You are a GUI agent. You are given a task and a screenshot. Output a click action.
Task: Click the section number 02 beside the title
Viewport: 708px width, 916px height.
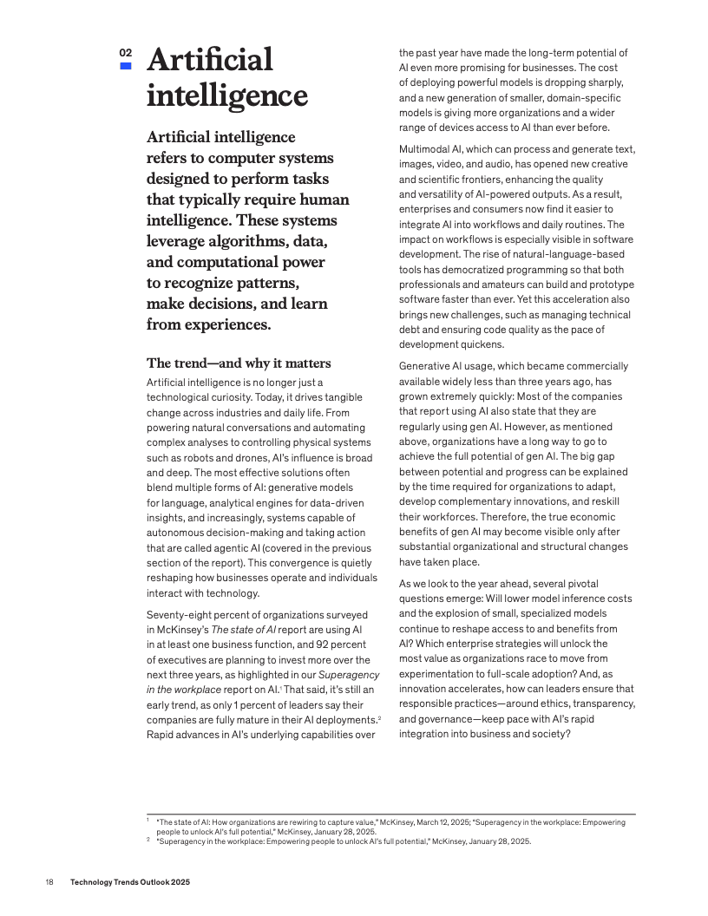point(126,53)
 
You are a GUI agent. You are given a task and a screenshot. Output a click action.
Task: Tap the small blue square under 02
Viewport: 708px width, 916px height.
point(126,66)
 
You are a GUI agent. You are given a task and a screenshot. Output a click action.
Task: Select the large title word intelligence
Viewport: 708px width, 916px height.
point(226,95)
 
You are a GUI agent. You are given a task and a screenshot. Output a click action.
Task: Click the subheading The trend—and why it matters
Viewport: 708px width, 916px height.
point(239,363)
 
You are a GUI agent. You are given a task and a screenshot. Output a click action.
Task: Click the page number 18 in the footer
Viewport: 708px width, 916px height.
point(49,882)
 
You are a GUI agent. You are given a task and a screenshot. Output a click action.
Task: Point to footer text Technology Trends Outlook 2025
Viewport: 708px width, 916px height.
point(130,882)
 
